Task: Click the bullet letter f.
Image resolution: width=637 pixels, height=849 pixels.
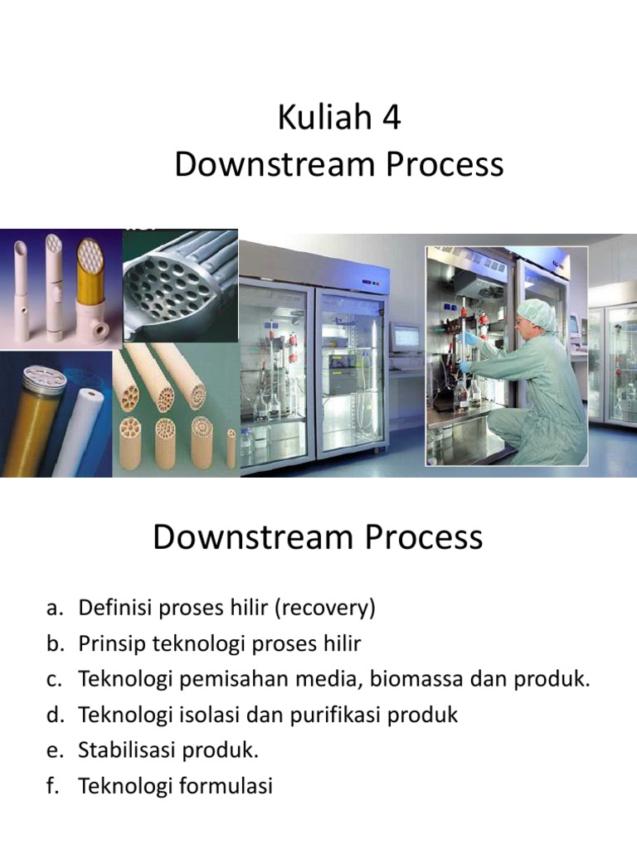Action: pos(53,786)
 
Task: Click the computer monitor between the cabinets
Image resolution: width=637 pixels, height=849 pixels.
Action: pos(405,337)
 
